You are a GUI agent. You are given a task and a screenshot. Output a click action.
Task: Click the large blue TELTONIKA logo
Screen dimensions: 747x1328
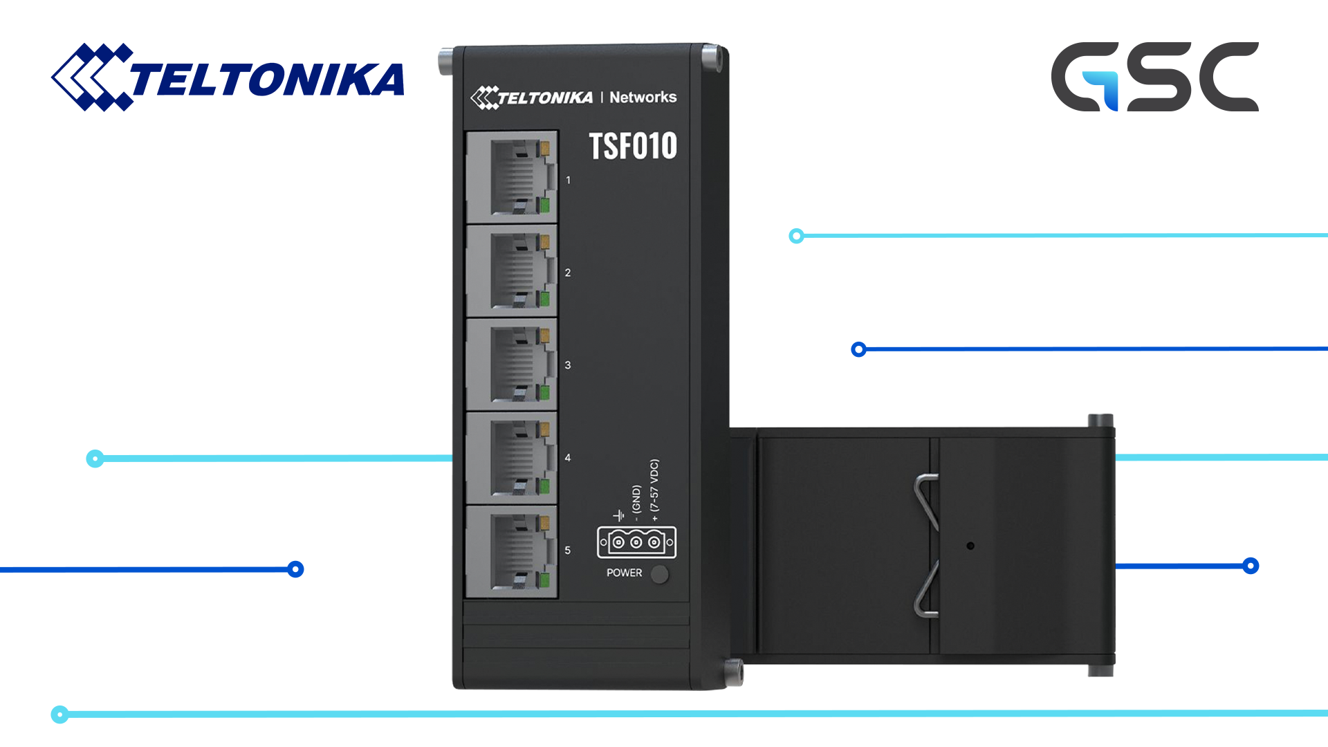[x=228, y=77]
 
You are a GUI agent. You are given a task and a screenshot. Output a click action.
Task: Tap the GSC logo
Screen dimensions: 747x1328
[x=1154, y=77]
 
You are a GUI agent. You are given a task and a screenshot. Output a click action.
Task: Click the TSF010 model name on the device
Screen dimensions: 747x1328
[x=633, y=146]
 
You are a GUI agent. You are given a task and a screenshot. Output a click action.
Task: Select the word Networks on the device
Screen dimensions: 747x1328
[x=643, y=98]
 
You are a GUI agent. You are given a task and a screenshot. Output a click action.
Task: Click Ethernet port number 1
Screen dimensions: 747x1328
[x=513, y=177]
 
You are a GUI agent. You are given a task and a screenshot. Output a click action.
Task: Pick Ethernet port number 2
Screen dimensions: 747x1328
[x=513, y=271]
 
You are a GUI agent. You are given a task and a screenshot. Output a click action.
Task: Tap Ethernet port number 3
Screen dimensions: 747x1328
[x=513, y=365]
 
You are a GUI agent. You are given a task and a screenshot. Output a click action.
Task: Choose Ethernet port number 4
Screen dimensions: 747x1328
[x=513, y=458]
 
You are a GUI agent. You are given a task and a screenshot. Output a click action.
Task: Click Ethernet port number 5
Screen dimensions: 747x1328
[x=513, y=551]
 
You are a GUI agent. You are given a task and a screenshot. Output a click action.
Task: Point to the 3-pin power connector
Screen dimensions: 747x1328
[x=636, y=542]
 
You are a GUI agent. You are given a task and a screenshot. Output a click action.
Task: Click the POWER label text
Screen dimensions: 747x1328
[x=624, y=573]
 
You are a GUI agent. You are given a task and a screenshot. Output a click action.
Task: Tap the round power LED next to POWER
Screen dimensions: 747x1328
[x=660, y=574]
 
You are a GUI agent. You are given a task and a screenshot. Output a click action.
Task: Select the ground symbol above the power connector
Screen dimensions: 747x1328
[x=618, y=515]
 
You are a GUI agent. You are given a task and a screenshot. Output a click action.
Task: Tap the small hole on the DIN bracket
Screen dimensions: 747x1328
[x=970, y=546]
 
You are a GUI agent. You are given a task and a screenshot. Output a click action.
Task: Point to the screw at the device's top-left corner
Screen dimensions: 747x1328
[x=446, y=61]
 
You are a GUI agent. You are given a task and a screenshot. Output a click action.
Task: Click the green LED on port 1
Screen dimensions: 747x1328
[x=544, y=205]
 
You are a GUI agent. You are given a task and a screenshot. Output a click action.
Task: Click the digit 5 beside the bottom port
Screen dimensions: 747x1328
[x=568, y=551]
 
